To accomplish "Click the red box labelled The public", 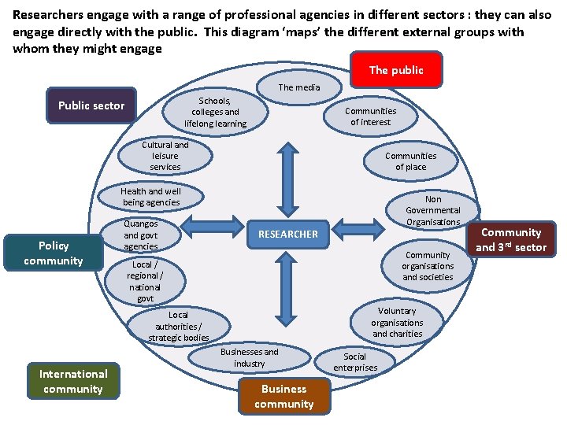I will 396,70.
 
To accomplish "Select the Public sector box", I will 91,106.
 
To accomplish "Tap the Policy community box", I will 54,253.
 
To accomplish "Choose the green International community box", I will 73,382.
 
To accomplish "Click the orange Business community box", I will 284,397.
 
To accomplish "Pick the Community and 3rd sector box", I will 511,240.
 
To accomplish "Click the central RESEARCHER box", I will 288,234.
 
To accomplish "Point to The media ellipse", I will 299,87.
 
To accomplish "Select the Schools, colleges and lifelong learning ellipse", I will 215,113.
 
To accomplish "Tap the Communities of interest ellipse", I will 370,116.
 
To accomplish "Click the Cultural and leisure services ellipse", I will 165,156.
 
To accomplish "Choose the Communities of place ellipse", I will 410,161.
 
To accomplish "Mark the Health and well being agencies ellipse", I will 151,197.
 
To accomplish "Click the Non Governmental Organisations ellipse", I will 433,210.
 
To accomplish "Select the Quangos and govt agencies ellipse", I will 141,235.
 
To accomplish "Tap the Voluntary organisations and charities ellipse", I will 397,323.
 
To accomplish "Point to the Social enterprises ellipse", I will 355,362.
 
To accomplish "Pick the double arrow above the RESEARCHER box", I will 288,180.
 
